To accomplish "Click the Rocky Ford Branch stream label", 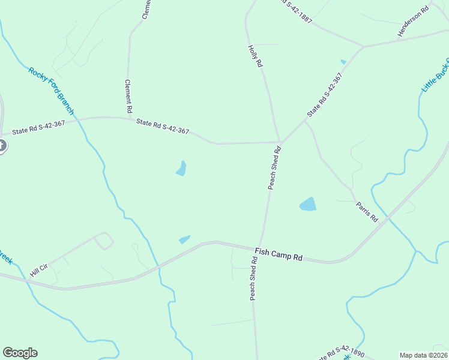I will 51,91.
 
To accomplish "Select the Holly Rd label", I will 255,55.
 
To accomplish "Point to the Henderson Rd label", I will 414,22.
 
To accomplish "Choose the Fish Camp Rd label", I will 278,254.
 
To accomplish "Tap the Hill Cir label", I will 39,266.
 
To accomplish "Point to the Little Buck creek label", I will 435,75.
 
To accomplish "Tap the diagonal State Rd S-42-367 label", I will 324,95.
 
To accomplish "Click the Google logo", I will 20,353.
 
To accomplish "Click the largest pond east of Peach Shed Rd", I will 308,204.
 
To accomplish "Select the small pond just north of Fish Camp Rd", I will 184,239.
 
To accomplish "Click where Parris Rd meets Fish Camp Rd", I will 388,218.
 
